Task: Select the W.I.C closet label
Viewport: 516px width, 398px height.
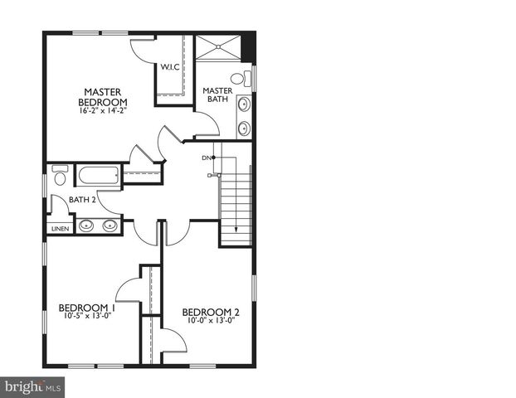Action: click(x=171, y=67)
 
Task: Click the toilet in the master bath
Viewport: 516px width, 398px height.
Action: click(x=239, y=80)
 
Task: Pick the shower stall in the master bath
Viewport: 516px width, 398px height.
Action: click(x=217, y=46)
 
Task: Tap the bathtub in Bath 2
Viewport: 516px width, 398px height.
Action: click(x=98, y=175)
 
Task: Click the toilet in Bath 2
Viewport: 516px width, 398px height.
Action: click(x=60, y=177)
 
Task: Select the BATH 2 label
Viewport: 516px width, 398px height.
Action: click(x=83, y=200)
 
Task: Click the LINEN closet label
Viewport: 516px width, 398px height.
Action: click(x=61, y=228)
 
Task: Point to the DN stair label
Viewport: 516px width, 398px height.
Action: click(x=206, y=158)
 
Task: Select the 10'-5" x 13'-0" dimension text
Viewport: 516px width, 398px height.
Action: click(x=87, y=315)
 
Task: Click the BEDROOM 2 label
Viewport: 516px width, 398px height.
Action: click(x=211, y=312)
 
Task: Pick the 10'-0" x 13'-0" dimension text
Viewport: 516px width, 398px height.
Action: click(x=211, y=321)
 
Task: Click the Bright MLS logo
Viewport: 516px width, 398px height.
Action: click(x=33, y=386)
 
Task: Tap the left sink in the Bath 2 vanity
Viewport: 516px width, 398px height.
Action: click(x=86, y=225)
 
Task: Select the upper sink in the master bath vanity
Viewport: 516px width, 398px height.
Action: click(x=244, y=104)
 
